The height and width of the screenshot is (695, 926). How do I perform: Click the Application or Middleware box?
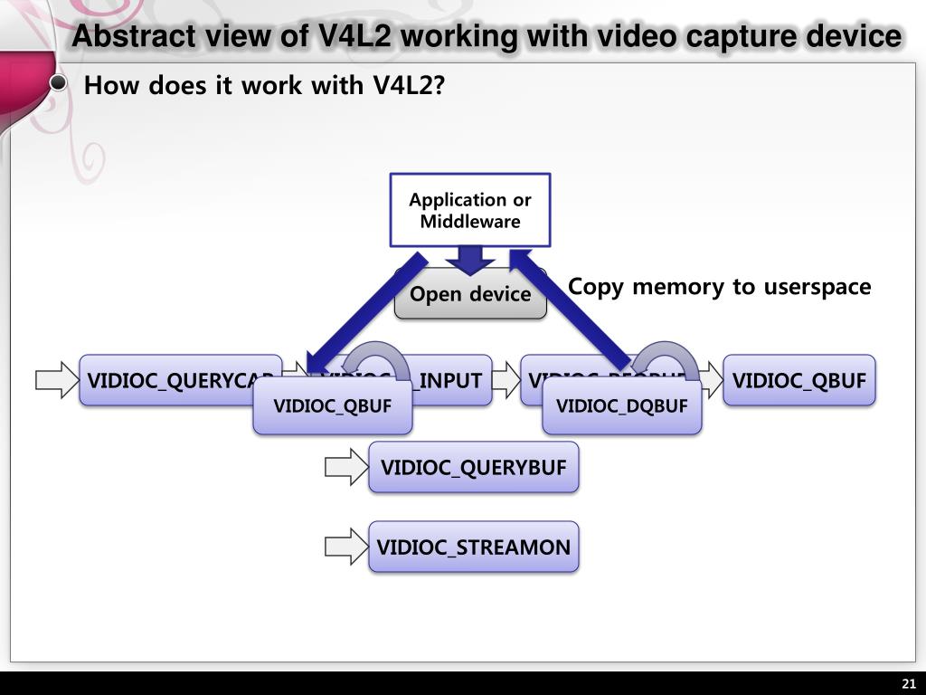tap(469, 210)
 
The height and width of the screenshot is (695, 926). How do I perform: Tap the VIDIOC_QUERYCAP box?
tap(172, 380)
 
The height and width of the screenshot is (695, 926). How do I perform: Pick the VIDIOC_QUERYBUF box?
tap(473, 468)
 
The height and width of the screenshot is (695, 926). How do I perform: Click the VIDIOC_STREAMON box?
tap(473, 547)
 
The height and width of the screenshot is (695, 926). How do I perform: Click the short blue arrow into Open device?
tap(470, 260)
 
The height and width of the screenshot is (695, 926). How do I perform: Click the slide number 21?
tap(908, 683)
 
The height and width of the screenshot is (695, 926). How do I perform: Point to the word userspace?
tap(817, 287)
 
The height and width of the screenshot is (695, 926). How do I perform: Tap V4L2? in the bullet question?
tap(410, 86)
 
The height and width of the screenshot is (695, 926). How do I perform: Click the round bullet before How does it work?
tap(59, 84)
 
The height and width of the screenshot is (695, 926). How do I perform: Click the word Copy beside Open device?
tap(595, 287)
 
